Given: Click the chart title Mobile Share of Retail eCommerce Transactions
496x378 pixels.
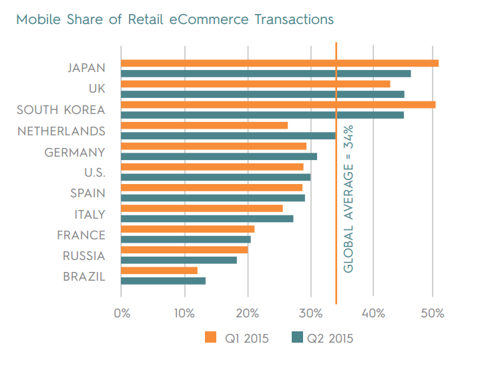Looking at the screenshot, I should pyautogui.click(x=175, y=19).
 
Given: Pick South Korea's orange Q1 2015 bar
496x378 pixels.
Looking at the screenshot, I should pyautogui.click(x=278, y=105).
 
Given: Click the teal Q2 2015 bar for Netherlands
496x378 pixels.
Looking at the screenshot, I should pyautogui.click(x=228, y=135).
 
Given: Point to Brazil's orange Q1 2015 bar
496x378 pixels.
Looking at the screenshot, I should pyautogui.click(x=159, y=270).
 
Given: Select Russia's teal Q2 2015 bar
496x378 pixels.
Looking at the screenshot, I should pyautogui.click(x=178, y=260).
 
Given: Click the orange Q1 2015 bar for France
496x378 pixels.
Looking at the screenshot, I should pyautogui.click(x=187, y=229).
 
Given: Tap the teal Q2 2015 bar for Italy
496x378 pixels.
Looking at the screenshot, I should pyautogui.click(x=206, y=219).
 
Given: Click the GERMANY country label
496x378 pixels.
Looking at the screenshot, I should pyautogui.click(x=75, y=153).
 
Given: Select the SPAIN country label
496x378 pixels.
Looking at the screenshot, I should pyautogui.click(x=87, y=194).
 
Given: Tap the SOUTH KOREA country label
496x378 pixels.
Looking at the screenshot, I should pyautogui.click(x=61, y=111).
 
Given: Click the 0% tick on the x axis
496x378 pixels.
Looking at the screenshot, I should pyautogui.click(x=122, y=313).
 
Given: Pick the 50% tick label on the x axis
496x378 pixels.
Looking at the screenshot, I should pyautogui.click(x=433, y=313).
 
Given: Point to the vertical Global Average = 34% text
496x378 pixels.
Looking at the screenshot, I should pyautogui.click(x=348, y=198).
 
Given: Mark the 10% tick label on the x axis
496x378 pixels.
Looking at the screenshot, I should pyautogui.click(x=184, y=313).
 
